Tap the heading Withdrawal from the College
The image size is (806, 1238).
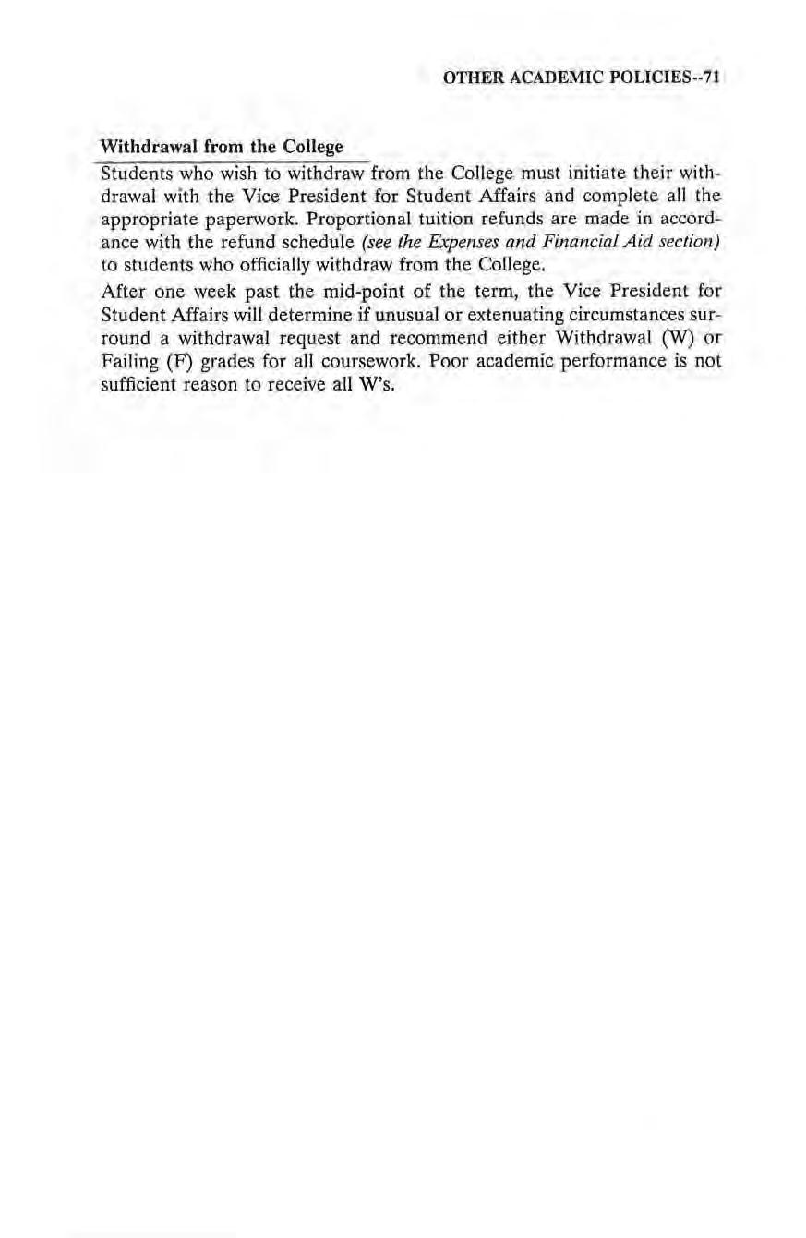tap(221, 148)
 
